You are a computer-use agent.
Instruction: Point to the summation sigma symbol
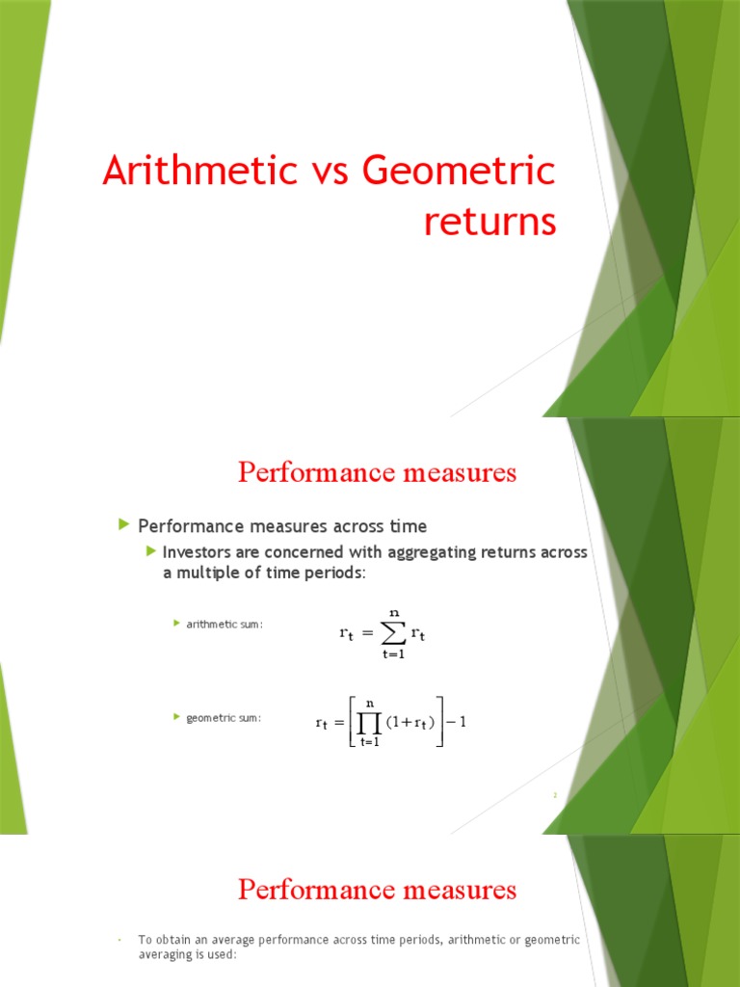coord(393,633)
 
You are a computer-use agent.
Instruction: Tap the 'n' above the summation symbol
coord(393,612)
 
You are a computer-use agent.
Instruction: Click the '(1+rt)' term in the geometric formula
coord(410,721)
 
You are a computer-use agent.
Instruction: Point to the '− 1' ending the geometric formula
coord(457,721)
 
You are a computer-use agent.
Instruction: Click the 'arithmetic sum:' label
coord(225,625)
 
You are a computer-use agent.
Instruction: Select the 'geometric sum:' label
coord(224,718)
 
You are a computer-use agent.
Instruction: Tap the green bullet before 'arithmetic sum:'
coord(176,624)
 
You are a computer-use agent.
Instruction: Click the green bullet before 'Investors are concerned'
coord(151,550)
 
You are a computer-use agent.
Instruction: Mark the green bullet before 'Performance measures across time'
coord(123,524)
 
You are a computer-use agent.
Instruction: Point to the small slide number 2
coord(556,795)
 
